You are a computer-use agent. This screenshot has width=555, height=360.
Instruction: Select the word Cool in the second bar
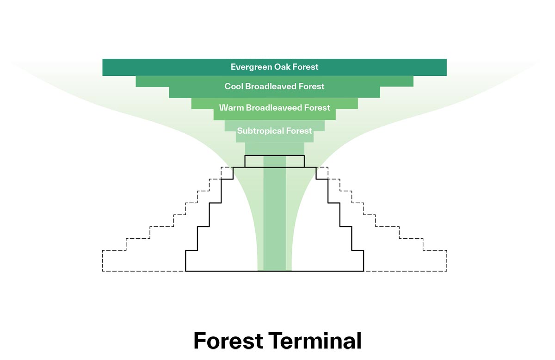click(234, 87)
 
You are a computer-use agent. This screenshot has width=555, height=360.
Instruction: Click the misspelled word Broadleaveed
click(274, 108)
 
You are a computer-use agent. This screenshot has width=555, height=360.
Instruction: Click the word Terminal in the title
click(314, 341)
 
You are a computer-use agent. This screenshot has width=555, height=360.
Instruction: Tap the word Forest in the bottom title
click(228, 341)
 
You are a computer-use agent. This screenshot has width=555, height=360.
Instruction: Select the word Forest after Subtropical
click(299, 131)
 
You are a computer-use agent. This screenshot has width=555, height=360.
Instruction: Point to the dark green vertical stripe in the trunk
click(275, 217)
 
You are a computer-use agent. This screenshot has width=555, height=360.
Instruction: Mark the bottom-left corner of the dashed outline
click(102, 271)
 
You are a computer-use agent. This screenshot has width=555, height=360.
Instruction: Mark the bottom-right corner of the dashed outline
click(447, 271)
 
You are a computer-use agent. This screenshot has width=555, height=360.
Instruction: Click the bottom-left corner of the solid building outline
click(185, 271)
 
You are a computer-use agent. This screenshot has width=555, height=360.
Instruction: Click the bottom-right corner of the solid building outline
click(364, 271)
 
